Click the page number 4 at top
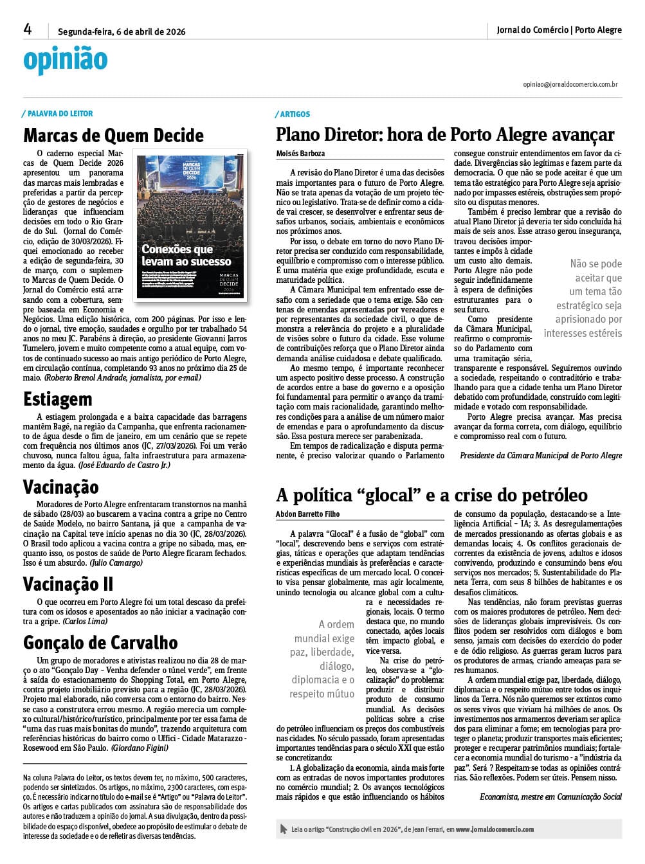click(28, 29)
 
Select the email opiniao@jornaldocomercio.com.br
click(570, 84)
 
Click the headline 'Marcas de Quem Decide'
click(113, 136)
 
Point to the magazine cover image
click(191, 225)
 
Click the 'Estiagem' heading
click(58, 399)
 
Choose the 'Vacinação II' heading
click(68, 584)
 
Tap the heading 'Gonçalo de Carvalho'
click(100, 642)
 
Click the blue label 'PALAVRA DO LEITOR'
click(60, 114)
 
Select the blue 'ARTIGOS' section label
click(295, 114)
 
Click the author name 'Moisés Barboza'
click(300, 154)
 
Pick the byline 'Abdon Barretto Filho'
click(307, 514)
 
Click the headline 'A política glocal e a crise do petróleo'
click(432, 495)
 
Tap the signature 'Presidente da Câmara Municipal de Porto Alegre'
click(541, 455)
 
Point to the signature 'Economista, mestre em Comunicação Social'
click(550, 797)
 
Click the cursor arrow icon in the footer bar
click(284, 829)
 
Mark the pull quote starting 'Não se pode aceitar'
click(583, 298)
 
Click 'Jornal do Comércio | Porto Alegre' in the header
click(559, 30)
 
